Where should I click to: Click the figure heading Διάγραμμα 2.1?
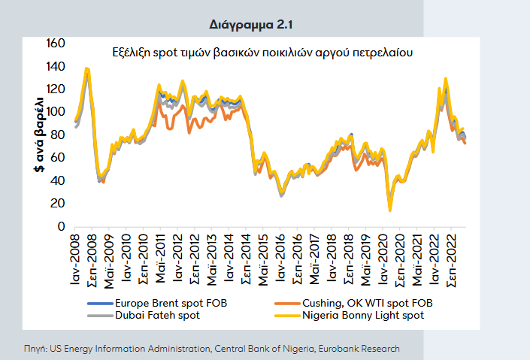click(x=250, y=25)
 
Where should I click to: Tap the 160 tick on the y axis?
click(x=57, y=44)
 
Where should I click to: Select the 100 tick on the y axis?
click(x=57, y=112)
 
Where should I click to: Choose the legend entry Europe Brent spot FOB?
click(x=165, y=303)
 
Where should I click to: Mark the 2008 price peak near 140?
click(x=87, y=69)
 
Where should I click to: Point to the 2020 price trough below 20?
click(x=389, y=210)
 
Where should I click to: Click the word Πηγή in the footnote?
click(x=35, y=349)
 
